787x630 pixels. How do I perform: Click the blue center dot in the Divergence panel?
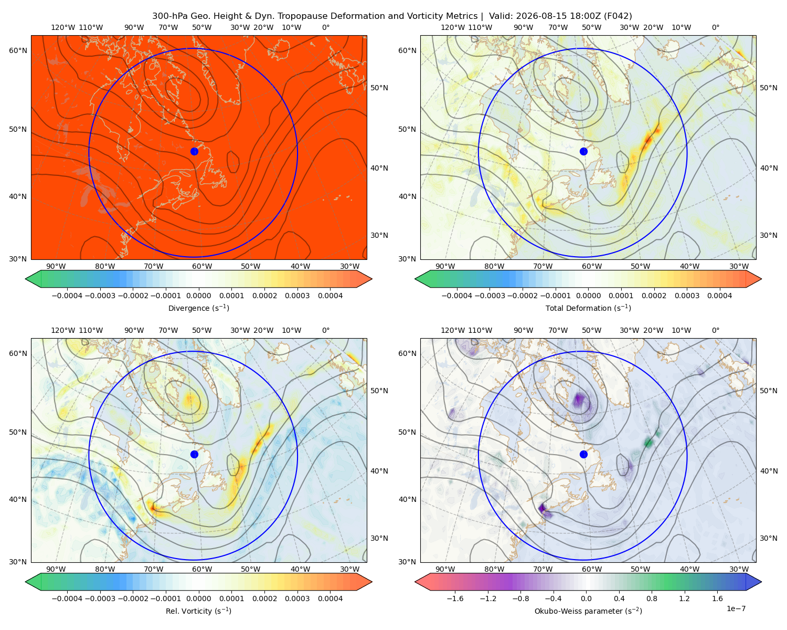pos(194,151)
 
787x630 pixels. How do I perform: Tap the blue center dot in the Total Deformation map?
pos(583,151)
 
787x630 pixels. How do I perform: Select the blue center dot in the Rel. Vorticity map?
pos(194,454)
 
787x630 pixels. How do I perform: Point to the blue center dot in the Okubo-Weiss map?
pos(583,454)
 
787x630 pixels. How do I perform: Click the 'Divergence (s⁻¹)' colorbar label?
pos(198,308)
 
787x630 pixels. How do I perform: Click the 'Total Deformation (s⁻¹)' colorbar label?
pos(588,308)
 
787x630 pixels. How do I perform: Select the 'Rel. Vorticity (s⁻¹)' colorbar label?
pos(198,611)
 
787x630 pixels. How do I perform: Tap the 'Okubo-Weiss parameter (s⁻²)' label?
pos(588,611)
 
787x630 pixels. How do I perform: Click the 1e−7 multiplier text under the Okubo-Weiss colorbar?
pos(736,608)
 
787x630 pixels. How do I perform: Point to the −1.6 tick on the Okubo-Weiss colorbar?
pos(455,598)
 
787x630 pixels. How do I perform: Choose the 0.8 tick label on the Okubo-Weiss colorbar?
pos(652,598)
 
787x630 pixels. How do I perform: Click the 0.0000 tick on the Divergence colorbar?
pos(198,296)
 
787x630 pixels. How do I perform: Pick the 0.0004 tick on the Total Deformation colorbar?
pos(719,296)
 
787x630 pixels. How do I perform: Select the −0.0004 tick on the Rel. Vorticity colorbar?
pos(67,598)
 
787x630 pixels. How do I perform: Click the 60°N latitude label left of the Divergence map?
pos(18,50)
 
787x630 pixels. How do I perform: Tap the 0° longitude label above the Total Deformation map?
pos(715,27)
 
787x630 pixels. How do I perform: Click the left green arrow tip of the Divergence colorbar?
pos(26,279)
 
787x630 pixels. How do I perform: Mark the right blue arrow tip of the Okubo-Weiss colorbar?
pos(761,582)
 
